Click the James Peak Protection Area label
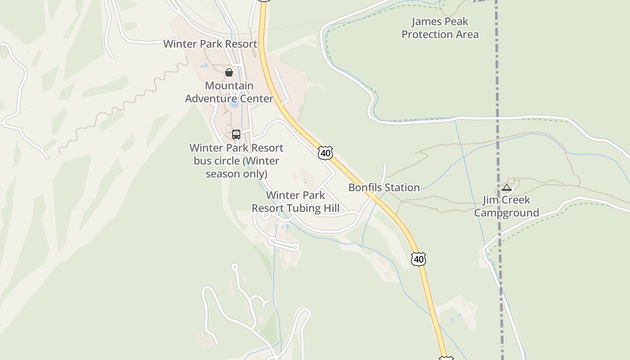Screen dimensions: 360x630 coord(440,28)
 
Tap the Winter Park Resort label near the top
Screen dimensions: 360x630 coord(210,44)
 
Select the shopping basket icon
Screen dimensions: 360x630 coord(229,72)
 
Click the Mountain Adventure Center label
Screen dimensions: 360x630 coord(229,92)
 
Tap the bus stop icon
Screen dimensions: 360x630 coord(236,134)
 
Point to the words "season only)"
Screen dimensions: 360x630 coord(236,174)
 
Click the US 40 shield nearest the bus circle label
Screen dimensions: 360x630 coord(325,153)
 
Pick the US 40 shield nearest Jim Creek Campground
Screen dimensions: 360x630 coord(418,259)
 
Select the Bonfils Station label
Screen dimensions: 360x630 coord(384,188)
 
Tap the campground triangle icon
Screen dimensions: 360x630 coord(507,187)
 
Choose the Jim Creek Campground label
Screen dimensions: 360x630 coord(506,206)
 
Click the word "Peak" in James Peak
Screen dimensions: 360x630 coord(455,22)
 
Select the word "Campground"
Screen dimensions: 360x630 coord(506,213)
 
